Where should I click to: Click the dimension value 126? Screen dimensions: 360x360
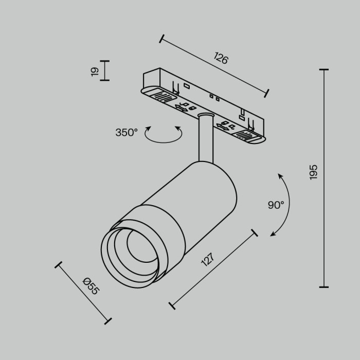[x=221, y=59]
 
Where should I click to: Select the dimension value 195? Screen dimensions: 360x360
[x=313, y=172]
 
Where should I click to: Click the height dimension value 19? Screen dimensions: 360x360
[x=95, y=71]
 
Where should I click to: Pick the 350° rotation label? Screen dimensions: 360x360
[x=127, y=133]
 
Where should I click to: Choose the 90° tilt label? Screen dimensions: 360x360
[x=276, y=205]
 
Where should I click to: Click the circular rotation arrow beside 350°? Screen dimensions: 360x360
[x=163, y=135]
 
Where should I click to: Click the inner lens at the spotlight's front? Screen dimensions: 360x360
[x=136, y=245]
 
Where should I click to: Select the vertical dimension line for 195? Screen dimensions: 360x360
[x=324, y=178]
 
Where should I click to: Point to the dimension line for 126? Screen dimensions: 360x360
[x=214, y=65]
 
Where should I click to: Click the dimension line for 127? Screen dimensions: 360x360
[x=213, y=269]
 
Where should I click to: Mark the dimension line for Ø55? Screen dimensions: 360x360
[x=83, y=294]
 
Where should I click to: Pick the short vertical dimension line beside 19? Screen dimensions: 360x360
[x=105, y=70]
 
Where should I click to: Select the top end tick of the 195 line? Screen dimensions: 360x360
[x=324, y=69]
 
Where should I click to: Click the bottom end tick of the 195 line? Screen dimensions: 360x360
[x=324, y=287]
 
